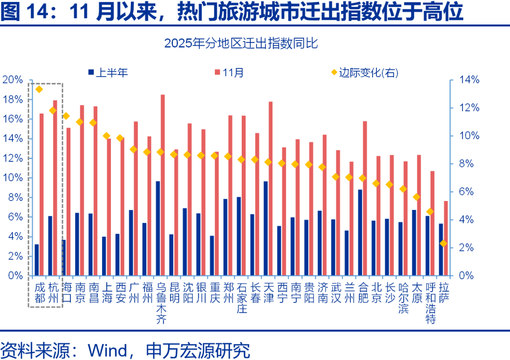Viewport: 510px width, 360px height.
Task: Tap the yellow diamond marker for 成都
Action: click(39, 89)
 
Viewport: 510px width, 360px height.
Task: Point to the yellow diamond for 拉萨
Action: click(443, 243)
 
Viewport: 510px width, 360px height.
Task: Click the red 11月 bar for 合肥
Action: click(365, 198)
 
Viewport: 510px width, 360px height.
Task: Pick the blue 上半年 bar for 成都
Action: click(36, 260)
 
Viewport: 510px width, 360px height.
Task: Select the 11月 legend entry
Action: click(229, 73)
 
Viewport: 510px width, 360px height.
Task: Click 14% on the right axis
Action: click(469, 80)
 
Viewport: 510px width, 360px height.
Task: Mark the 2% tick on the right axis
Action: click(469, 248)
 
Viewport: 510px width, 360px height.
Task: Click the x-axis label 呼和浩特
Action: click(430, 303)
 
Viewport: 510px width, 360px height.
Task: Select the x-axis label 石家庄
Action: click(242, 298)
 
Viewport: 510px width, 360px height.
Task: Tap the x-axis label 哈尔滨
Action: click(403, 298)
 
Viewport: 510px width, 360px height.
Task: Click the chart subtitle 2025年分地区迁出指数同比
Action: click(241, 44)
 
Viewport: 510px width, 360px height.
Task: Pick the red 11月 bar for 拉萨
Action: click(445, 238)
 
